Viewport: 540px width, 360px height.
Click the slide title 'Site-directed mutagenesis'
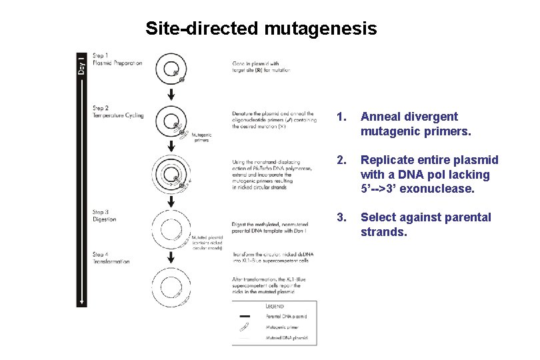click(x=261, y=29)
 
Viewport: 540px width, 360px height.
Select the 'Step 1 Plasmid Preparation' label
click(x=117, y=60)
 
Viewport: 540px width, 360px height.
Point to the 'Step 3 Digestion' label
click(x=105, y=216)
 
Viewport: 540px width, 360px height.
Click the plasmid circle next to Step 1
click(x=171, y=69)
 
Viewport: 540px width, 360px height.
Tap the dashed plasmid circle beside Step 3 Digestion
click(x=171, y=229)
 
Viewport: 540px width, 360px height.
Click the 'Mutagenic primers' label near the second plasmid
click(x=201, y=137)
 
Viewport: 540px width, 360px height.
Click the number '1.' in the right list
click(x=342, y=117)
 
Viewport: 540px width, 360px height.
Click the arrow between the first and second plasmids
click(x=171, y=95)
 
